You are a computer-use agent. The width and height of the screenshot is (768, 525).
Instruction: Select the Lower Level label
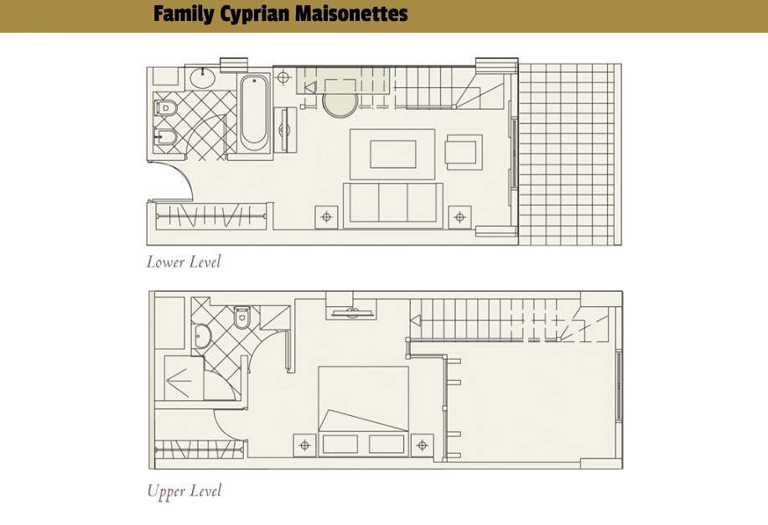[x=184, y=262]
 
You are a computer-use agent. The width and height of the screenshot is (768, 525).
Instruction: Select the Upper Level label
[x=184, y=491]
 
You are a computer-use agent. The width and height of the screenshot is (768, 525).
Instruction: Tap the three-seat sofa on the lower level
[x=393, y=205]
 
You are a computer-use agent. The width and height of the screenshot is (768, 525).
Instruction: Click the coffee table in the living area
[x=392, y=154]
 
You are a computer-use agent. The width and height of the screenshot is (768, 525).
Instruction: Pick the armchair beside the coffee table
[x=464, y=153]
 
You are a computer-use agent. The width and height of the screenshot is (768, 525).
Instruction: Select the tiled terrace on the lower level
[x=569, y=154]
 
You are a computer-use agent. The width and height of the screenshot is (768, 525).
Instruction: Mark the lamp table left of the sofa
[x=326, y=217]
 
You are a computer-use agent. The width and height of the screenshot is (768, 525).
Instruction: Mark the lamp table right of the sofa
[x=459, y=217]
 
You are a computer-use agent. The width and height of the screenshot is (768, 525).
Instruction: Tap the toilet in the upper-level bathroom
[x=241, y=317]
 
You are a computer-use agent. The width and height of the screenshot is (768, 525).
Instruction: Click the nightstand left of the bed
[x=304, y=445]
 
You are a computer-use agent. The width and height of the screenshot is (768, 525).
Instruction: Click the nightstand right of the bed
[x=423, y=445]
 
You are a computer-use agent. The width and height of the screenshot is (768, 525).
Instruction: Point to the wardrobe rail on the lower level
[x=211, y=216]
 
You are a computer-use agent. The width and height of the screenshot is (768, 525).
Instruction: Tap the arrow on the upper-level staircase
[x=416, y=320]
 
